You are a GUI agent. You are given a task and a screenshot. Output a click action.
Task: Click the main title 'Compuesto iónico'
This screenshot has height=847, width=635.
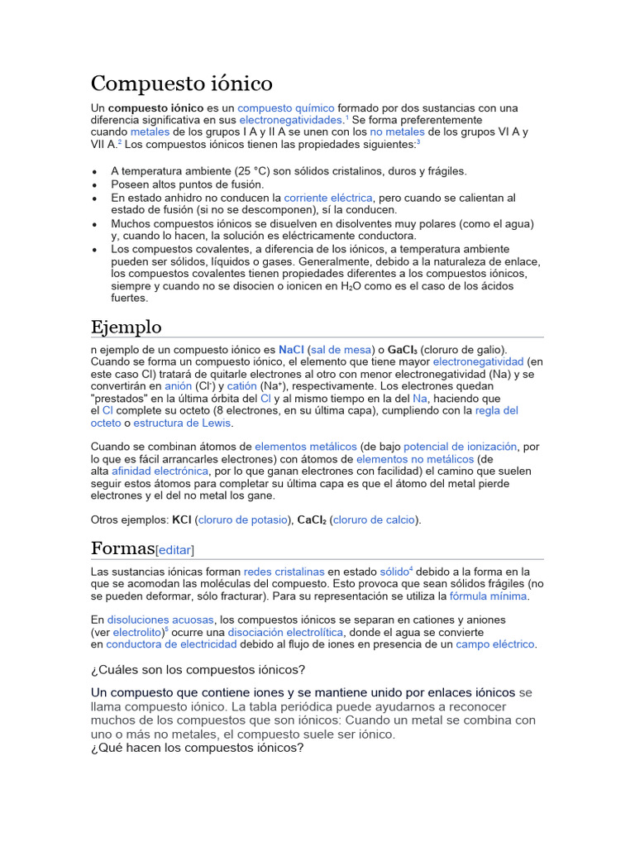click(181, 84)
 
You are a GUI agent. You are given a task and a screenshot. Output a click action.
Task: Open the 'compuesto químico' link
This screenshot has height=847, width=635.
click(286, 108)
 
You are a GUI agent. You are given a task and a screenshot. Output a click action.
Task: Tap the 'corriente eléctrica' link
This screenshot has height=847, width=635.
click(328, 199)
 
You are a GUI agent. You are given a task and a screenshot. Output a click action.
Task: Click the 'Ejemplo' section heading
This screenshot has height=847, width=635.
click(127, 326)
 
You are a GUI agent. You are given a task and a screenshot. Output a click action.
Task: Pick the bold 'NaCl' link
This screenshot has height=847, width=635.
click(292, 350)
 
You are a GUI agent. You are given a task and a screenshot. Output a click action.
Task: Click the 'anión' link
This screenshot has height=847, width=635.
click(178, 386)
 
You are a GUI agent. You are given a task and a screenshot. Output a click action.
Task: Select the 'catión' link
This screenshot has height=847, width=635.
click(242, 386)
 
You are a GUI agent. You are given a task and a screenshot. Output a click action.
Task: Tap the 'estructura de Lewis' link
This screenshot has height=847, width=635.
click(183, 423)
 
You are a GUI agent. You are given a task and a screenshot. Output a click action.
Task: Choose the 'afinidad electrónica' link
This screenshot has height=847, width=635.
click(160, 471)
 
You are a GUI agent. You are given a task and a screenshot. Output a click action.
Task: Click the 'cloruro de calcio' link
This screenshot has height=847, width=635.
click(376, 519)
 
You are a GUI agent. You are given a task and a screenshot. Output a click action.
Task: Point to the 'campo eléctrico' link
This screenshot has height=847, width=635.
click(495, 644)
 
